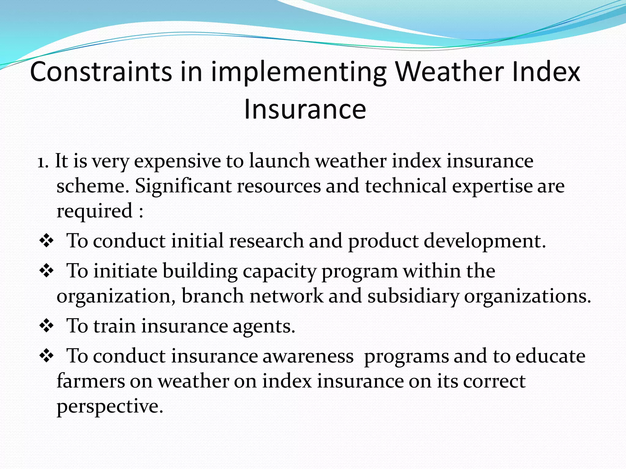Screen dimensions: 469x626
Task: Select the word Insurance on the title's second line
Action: click(305, 109)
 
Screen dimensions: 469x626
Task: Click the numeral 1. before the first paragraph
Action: click(43, 162)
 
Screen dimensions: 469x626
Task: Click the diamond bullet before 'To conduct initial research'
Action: click(46, 241)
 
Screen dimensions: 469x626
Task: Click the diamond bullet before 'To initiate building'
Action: click(46, 271)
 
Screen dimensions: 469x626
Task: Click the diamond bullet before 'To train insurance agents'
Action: click(46, 326)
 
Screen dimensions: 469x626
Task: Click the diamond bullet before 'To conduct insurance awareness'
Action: click(46, 356)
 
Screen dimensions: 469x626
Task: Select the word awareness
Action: click(308, 356)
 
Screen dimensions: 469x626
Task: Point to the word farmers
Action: click(90, 381)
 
